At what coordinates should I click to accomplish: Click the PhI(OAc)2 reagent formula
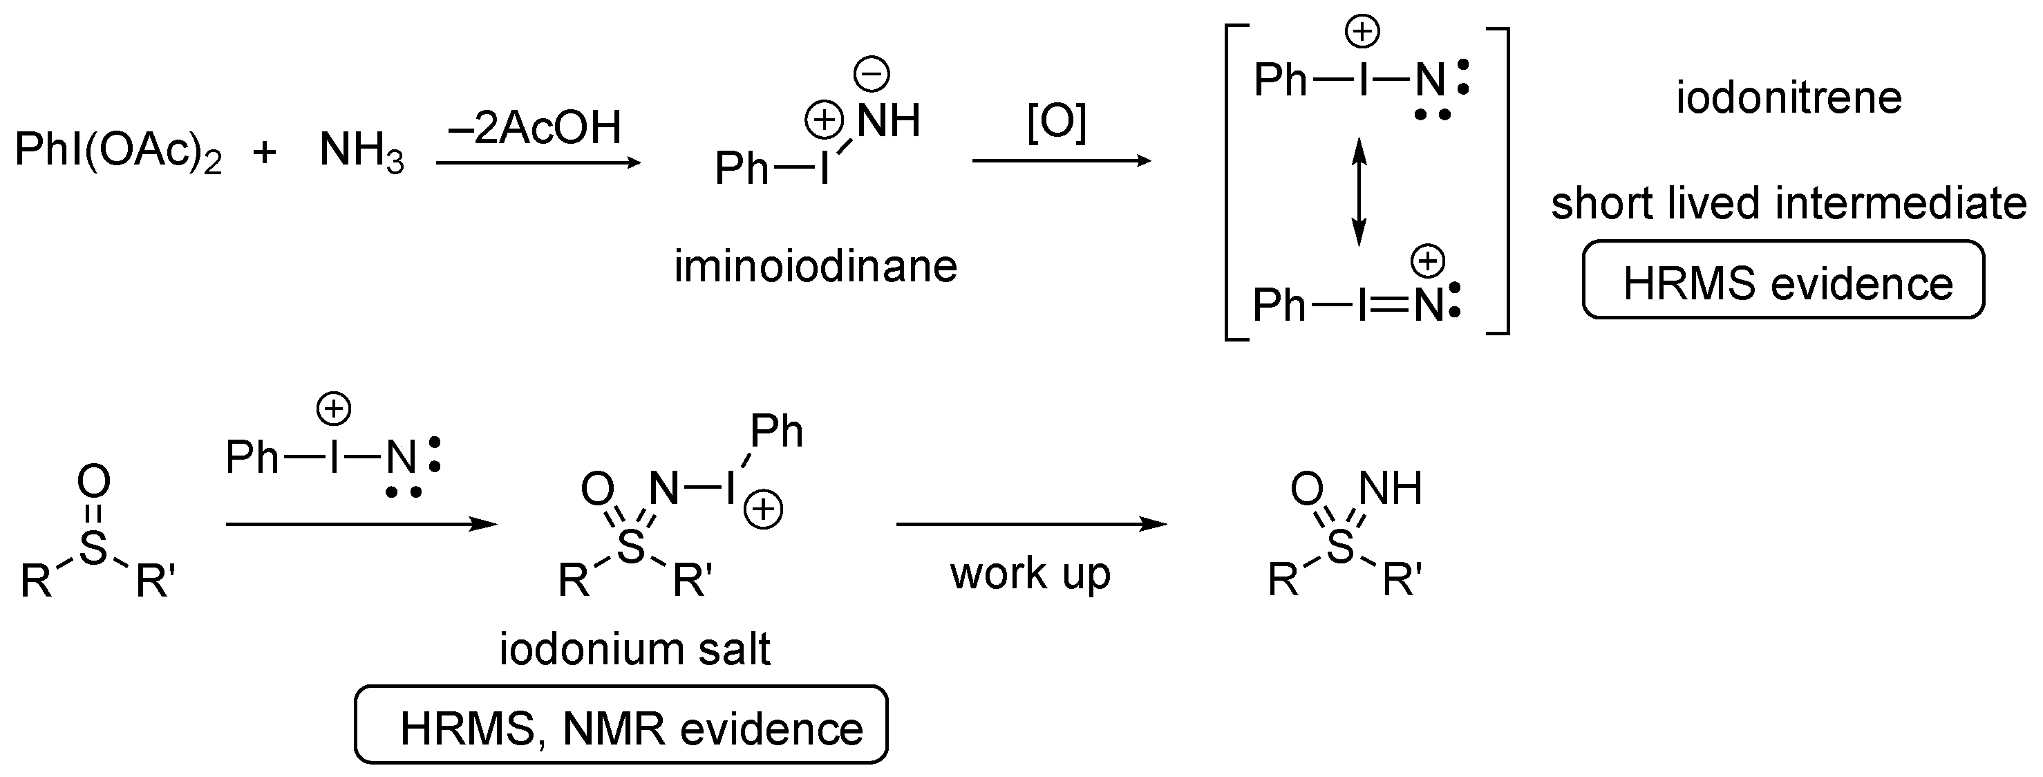(117, 151)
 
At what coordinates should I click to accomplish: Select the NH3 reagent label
(361, 151)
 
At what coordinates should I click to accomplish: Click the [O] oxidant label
(1056, 123)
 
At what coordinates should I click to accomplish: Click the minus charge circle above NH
(871, 75)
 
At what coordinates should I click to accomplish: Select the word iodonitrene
(1789, 98)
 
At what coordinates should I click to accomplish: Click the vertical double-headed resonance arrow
(1359, 191)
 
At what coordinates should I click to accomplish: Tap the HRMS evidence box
(1783, 281)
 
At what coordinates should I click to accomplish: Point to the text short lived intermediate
(1789, 203)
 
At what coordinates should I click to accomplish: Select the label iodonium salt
(634, 649)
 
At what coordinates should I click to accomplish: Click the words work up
(1030, 572)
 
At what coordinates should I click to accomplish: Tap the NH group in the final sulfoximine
(1391, 489)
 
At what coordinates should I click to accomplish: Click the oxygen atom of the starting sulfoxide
(93, 480)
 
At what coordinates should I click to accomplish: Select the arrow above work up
(1031, 524)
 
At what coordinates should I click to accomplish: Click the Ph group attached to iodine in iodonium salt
(775, 432)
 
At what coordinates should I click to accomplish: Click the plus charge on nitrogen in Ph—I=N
(1429, 261)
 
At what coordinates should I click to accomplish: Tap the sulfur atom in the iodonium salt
(631, 546)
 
